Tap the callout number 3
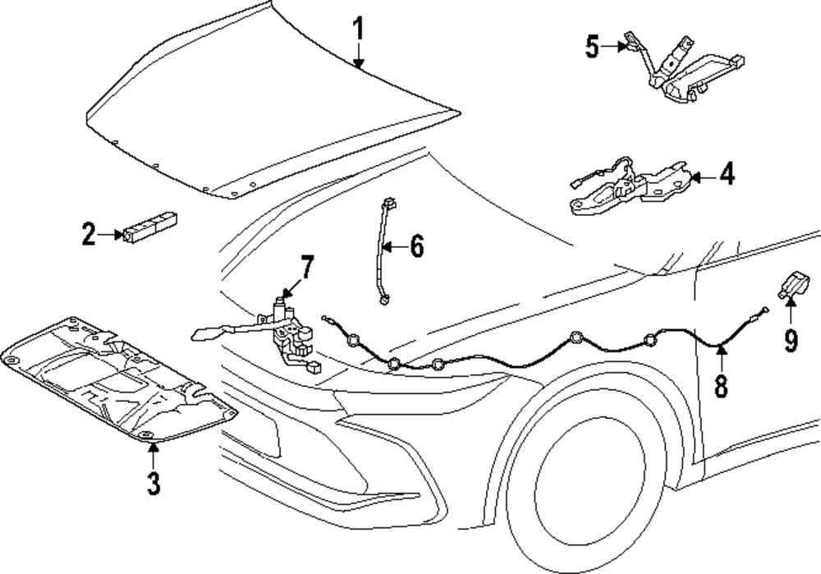(x=153, y=481)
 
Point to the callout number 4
(x=726, y=175)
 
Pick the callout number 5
(x=593, y=47)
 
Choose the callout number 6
(x=416, y=246)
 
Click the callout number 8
(x=721, y=384)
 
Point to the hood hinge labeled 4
(x=627, y=190)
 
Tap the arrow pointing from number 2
(x=110, y=236)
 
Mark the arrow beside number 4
(x=698, y=176)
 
